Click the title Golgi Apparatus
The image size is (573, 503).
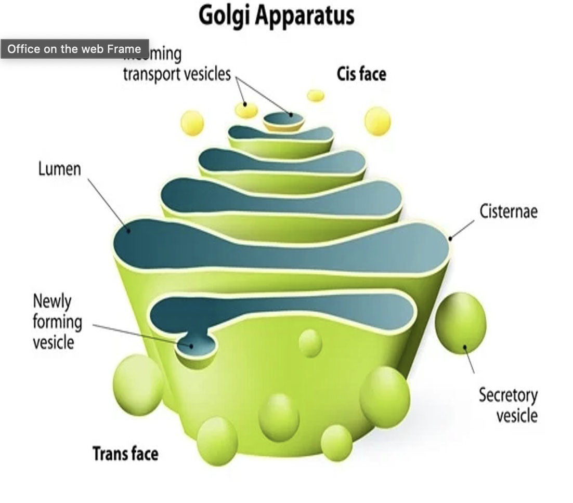[277, 16]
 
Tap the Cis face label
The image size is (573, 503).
[361, 74]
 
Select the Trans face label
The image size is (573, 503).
[125, 454]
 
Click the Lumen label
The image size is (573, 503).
[59, 169]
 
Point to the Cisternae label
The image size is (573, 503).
[508, 211]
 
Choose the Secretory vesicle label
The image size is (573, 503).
[508, 405]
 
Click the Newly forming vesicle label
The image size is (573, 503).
[57, 322]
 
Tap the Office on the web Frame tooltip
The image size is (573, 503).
[74, 49]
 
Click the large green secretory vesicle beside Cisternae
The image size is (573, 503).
[460, 322]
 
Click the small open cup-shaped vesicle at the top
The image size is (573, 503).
[283, 121]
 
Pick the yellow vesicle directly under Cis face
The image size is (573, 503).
[377, 121]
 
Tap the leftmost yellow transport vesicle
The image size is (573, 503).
[192, 123]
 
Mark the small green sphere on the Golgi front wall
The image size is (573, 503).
[310, 343]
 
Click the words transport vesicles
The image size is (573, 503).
[177, 74]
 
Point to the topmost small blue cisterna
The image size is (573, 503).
[281, 134]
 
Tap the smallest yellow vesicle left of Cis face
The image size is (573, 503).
[316, 96]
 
